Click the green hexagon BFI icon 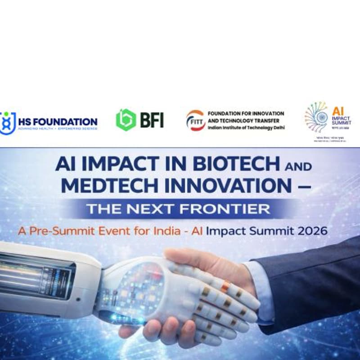pyautogui.click(x=126, y=120)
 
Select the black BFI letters pyautogui.click(x=151, y=120)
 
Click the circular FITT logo pyautogui.click(x=195, y=120)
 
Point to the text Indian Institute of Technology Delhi pyautogui.click(x=245, y=128)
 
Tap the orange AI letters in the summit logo pyautogui.click(x=338, y=110)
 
